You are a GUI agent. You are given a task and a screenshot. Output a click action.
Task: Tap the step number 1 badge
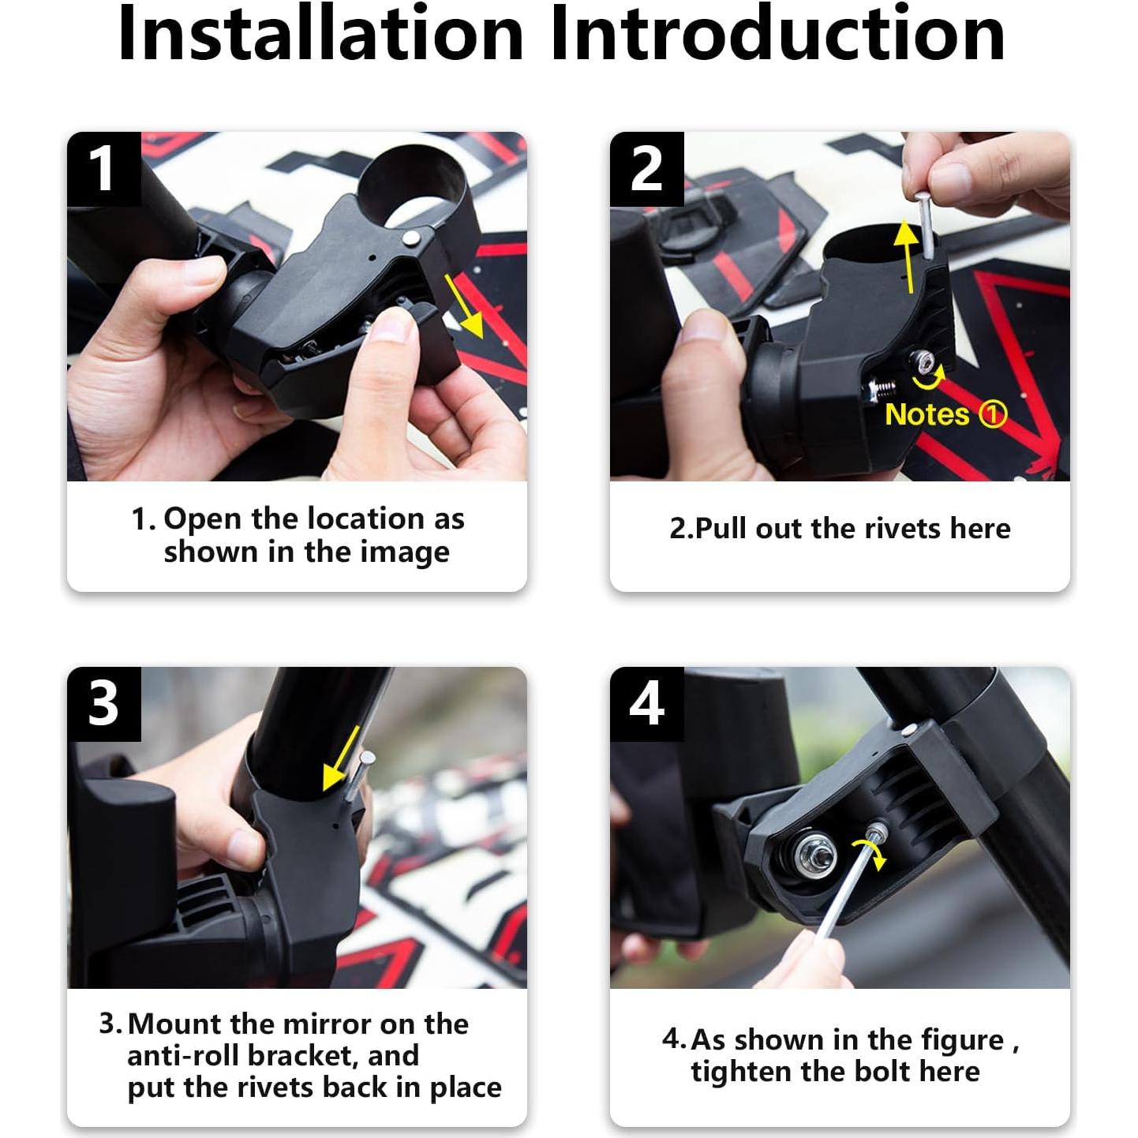point(104,169)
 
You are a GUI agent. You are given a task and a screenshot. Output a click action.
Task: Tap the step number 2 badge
point(646,169)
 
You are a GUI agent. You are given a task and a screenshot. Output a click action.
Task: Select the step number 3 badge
point(104,704)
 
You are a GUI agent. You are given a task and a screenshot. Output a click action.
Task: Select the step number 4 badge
point(646,704)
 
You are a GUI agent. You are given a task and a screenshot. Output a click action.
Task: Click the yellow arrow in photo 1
point(465,305)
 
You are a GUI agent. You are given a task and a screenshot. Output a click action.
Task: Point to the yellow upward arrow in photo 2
point(907,256)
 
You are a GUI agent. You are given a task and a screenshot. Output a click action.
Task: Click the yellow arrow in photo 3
point(341,759)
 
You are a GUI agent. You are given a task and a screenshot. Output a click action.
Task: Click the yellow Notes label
point(926,414)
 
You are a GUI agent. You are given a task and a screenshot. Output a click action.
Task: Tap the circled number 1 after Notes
point(992,414)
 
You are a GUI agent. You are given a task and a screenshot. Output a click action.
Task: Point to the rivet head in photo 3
point(367,757)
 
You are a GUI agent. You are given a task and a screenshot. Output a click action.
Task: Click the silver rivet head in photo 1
point(411,238)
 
